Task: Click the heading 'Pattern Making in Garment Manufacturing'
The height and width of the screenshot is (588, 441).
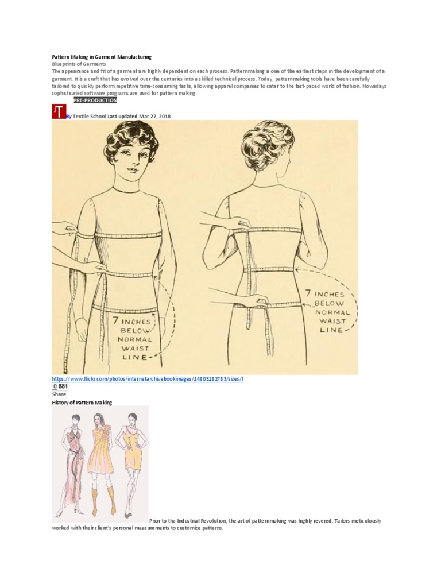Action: pyautogui.click(x=102, y=57)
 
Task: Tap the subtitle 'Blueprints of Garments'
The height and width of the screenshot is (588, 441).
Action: pyautogui.click(x=79, y=64)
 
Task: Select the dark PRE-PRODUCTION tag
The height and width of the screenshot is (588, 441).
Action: pyautogui.click(x=95, y=100)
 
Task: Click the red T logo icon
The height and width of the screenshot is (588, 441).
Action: pyautogui.click(x=59, y=112)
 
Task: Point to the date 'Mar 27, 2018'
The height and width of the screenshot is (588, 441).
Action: pyautogui.click(x=154, y=116)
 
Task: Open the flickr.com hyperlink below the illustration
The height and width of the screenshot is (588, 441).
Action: pyautogui.click(x=148, y=379)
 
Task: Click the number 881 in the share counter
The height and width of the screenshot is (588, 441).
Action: pyautogui.click(x=63, y=386)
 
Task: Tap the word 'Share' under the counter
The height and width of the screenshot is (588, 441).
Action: pyautogui.click(x=59, y=394)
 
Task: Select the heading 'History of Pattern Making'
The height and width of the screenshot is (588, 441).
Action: pyautogui.click(x=82, y=403)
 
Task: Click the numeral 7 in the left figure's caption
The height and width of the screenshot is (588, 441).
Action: pyautogui.click(x=116, y=321)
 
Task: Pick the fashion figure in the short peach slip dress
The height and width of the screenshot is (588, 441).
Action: pyautogui.click(x=131, y=463)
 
